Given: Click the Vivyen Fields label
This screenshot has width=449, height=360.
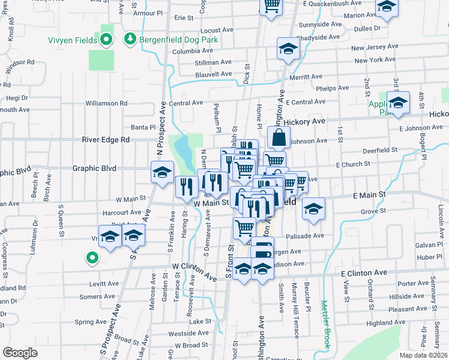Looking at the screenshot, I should point(73,41).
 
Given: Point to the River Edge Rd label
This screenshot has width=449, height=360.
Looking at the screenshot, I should point(106,140).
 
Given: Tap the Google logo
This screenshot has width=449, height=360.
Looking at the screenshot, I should point(20,352).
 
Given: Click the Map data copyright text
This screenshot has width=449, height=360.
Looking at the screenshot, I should point(423,355).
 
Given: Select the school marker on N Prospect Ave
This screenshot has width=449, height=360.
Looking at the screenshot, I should point(161,173).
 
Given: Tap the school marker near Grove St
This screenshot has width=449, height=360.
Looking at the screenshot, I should point(313,208).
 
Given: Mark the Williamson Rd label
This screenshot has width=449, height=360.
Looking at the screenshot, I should point(106,103).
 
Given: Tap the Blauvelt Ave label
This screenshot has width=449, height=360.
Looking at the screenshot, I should point(213,74).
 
